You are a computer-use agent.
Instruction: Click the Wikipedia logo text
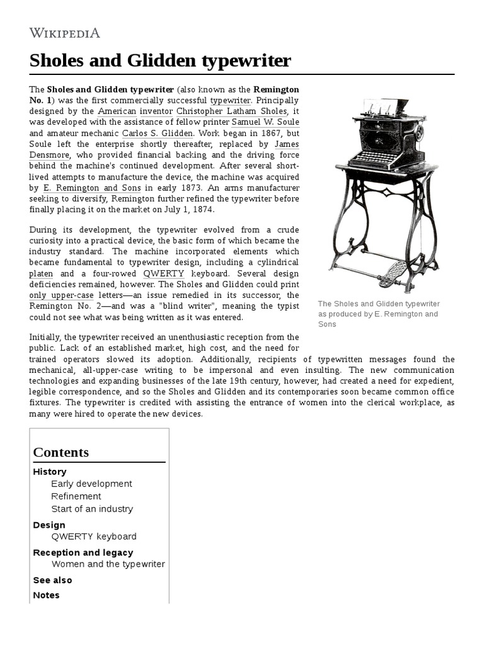[65, 33]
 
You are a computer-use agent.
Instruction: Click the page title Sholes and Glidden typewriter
[160, 61]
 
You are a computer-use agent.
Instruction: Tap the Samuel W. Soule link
[265, 122]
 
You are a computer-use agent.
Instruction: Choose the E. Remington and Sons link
[92, 188]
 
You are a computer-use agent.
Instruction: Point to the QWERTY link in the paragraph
[164, 274]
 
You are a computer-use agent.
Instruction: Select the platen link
[42, 274]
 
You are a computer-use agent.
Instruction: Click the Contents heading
[61, 452]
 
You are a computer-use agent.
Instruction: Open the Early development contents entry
[91, 484]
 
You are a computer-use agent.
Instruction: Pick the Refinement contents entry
[76, 496]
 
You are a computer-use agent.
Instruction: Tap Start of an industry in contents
[92, 509]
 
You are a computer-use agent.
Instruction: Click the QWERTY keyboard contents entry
[94, 537]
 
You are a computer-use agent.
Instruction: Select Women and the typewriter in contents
[108, 564]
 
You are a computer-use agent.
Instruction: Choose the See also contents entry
[52, 580]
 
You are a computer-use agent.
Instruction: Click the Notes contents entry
[46, 595]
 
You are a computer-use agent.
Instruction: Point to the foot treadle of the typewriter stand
[393, 274]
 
